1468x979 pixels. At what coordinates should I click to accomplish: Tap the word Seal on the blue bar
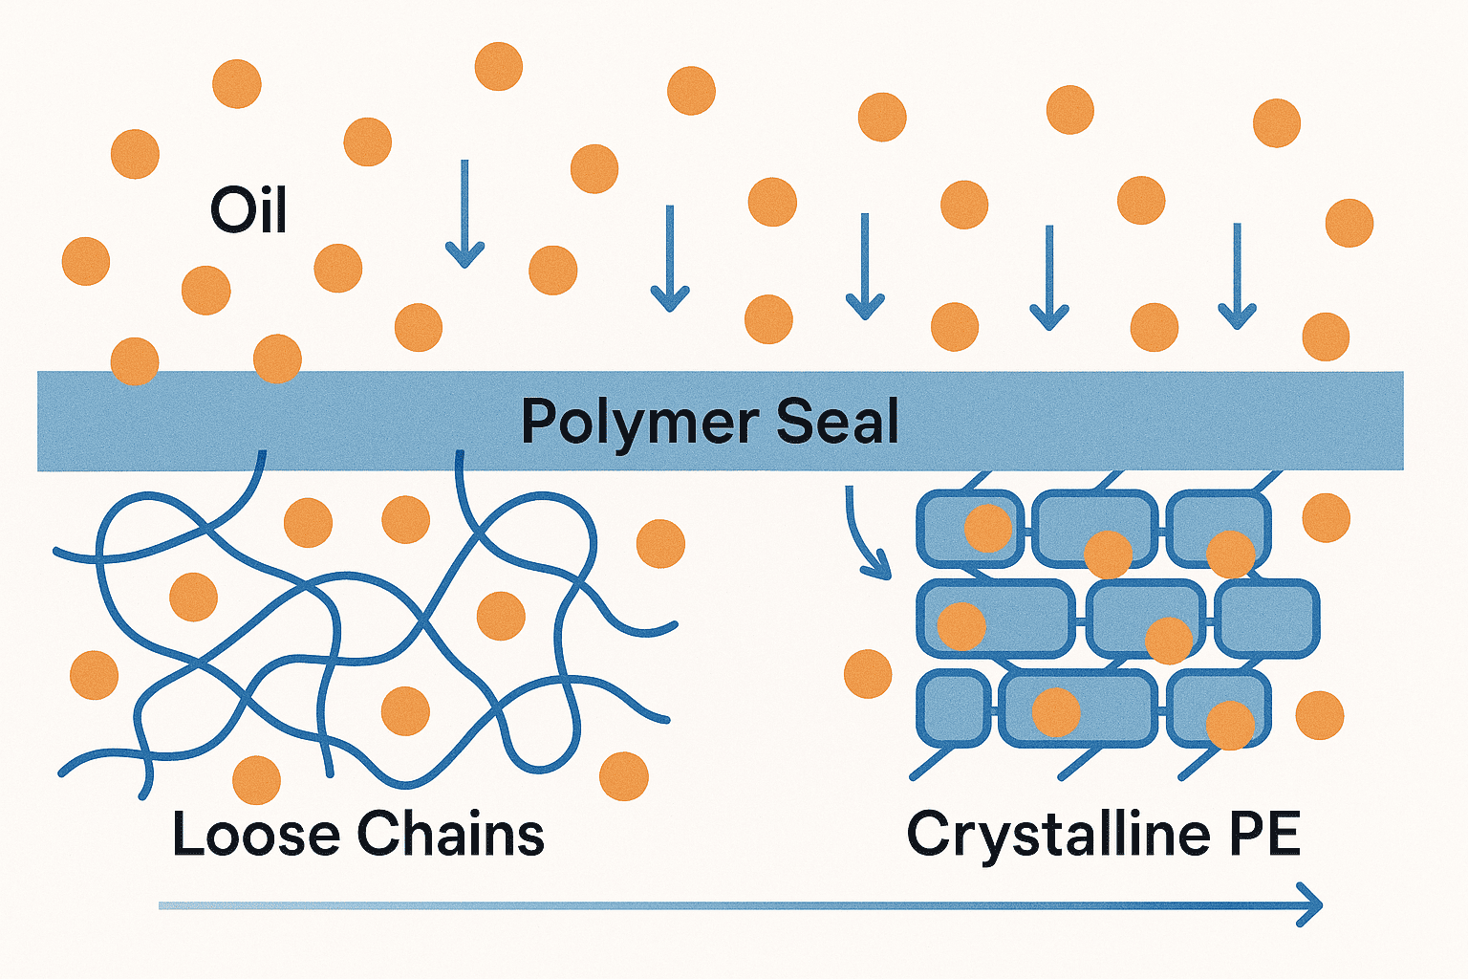(x=837, y=422)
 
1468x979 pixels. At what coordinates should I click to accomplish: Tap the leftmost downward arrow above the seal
(x=465, y=214)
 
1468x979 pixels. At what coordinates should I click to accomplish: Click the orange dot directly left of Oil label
(x=135, y=154)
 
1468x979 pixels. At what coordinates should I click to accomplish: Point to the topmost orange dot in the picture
(x=499, y=66)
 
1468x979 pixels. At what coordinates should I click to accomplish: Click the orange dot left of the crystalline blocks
(x=868, y=673)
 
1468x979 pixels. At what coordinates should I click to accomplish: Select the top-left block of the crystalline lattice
(x=968, y=528)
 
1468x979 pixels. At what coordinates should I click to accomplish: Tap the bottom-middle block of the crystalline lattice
(x=1077, y=708)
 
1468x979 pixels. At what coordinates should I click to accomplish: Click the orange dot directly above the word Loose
(x=256, y=779)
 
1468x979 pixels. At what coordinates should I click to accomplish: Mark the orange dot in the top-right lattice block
(x=1230, y=554)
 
